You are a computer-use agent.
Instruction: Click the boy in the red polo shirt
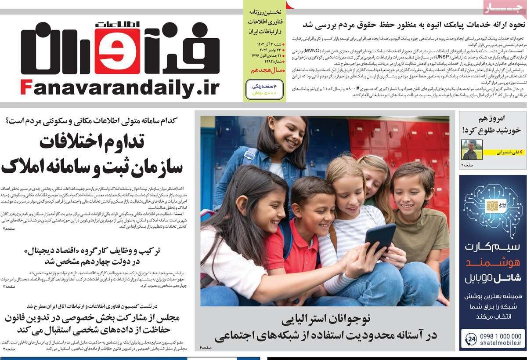click(303, 229)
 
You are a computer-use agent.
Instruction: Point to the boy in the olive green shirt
click(415, 207)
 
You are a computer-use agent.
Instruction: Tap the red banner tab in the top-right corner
click(503, 7)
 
